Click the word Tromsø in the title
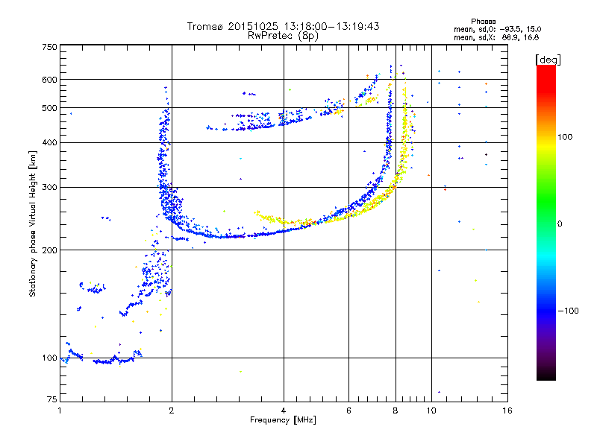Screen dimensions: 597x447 (205, 26)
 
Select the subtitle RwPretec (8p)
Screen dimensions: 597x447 (283, 36)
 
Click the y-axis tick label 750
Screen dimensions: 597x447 (49, 47)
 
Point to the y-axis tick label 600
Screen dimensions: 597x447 (49, 80)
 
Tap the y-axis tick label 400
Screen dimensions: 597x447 (49, 142)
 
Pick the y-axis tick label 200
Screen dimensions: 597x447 (49, 250)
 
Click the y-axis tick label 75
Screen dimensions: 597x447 (52, 399)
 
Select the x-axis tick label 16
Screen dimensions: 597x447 (507, 410)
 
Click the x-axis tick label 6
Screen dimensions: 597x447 (348, 410)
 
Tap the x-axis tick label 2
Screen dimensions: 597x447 (172, 410)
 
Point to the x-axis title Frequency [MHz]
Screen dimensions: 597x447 (283, 420)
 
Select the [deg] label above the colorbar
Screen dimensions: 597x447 (548, 60)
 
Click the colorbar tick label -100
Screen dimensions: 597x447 (568, 311)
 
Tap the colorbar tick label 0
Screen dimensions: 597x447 (560, 224)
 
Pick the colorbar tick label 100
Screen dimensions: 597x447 (565, 137)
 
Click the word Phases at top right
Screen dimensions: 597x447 (483, 22)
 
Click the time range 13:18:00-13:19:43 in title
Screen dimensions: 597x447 (331, 26)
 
